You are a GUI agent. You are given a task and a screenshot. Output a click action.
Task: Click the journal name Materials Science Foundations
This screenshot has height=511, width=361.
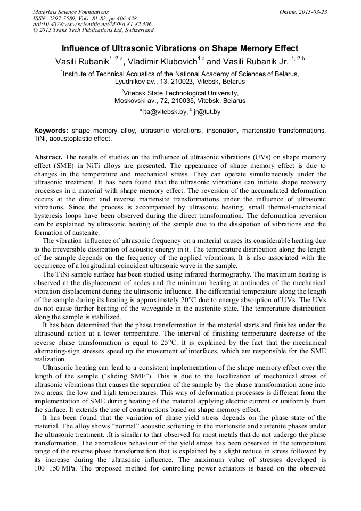(71, 12)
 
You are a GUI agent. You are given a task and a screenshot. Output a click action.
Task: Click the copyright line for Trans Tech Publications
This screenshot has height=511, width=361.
(93, 30)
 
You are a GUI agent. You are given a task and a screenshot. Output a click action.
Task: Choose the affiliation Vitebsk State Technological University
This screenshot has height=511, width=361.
(180, 93)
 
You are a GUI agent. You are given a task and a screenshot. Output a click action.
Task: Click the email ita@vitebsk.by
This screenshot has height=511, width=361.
(165, 112)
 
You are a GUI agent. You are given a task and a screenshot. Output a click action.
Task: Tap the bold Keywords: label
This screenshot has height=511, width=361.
(51, 131)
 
